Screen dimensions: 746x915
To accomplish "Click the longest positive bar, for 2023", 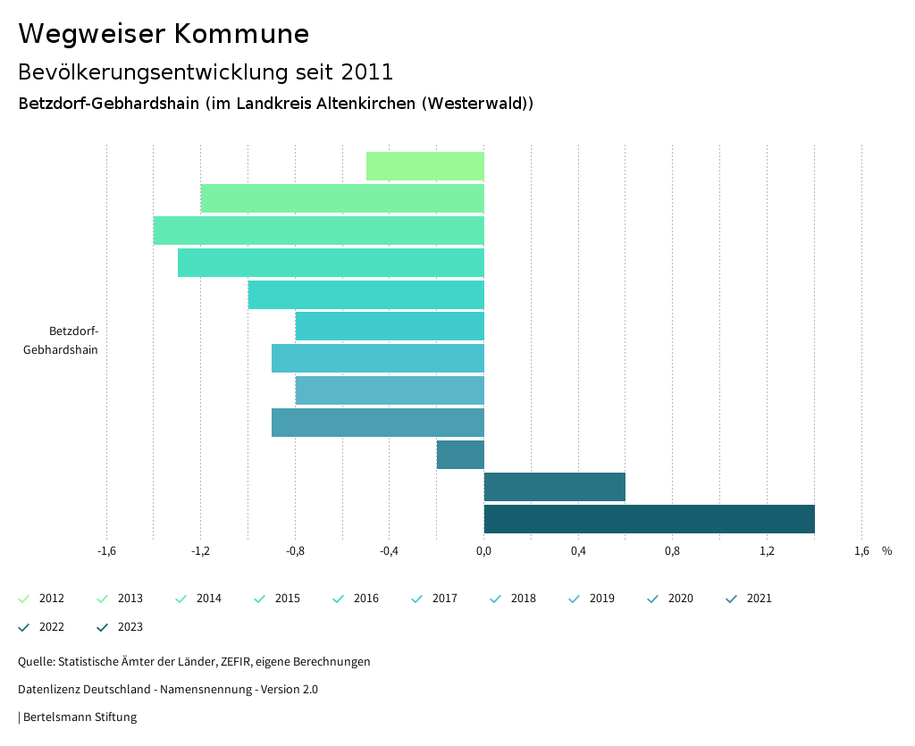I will [649, 519].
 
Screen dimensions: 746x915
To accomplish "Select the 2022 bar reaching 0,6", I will [554, 487].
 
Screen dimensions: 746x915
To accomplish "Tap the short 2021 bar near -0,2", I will [460, 455].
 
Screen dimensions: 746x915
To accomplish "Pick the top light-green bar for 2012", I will [425, 166].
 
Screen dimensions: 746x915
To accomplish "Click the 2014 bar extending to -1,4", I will [318, 231].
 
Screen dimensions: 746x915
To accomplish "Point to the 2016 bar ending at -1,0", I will [365, 295].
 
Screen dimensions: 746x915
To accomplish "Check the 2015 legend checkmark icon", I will [260, 599].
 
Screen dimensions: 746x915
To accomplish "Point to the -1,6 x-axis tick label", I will [106, 551].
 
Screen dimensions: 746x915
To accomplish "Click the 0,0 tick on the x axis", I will [483, 551].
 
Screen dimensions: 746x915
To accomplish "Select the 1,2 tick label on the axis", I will [767, 551].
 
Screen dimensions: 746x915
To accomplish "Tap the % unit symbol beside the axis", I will [886, 551].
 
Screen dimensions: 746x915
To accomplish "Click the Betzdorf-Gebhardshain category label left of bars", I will [62, 340].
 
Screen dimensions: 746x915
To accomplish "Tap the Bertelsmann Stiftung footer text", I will [80, 717].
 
